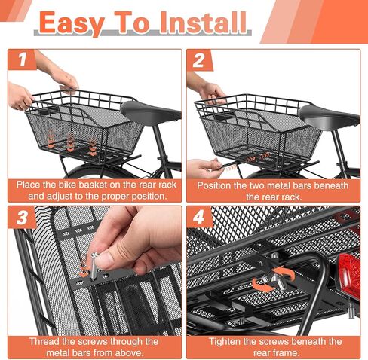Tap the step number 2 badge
(x=200, y=60)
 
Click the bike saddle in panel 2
(x=329, y=115)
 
